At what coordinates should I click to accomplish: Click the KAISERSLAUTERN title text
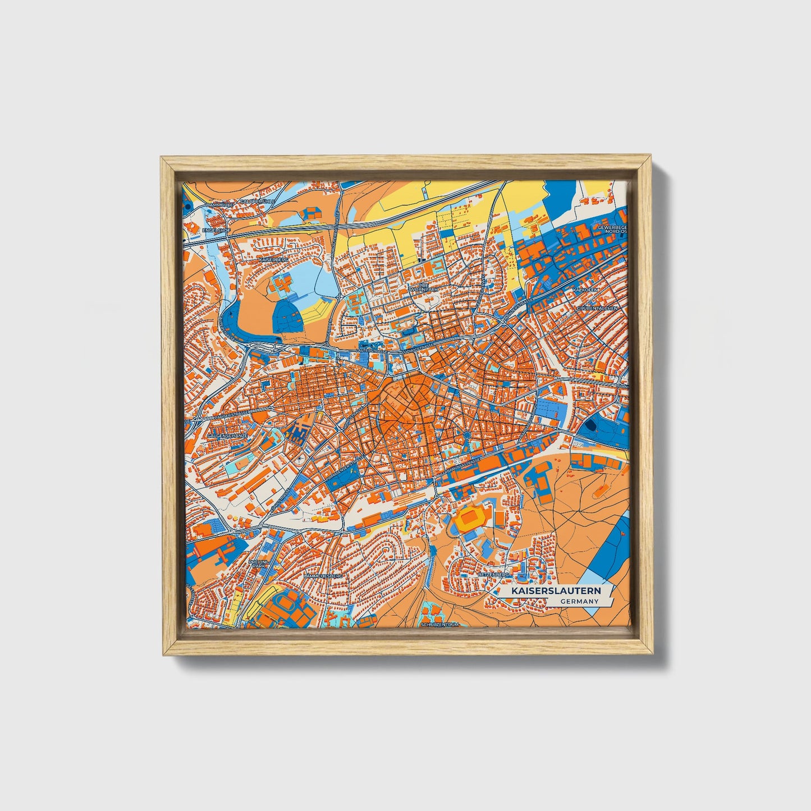(555, 591)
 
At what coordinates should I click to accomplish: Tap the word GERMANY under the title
(579, 601)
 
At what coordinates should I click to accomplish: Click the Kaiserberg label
(274, 260)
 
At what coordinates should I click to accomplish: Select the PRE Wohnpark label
(423, 287)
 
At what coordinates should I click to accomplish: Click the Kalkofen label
(587, 290)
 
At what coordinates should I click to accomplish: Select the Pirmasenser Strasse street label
(341, 469)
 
